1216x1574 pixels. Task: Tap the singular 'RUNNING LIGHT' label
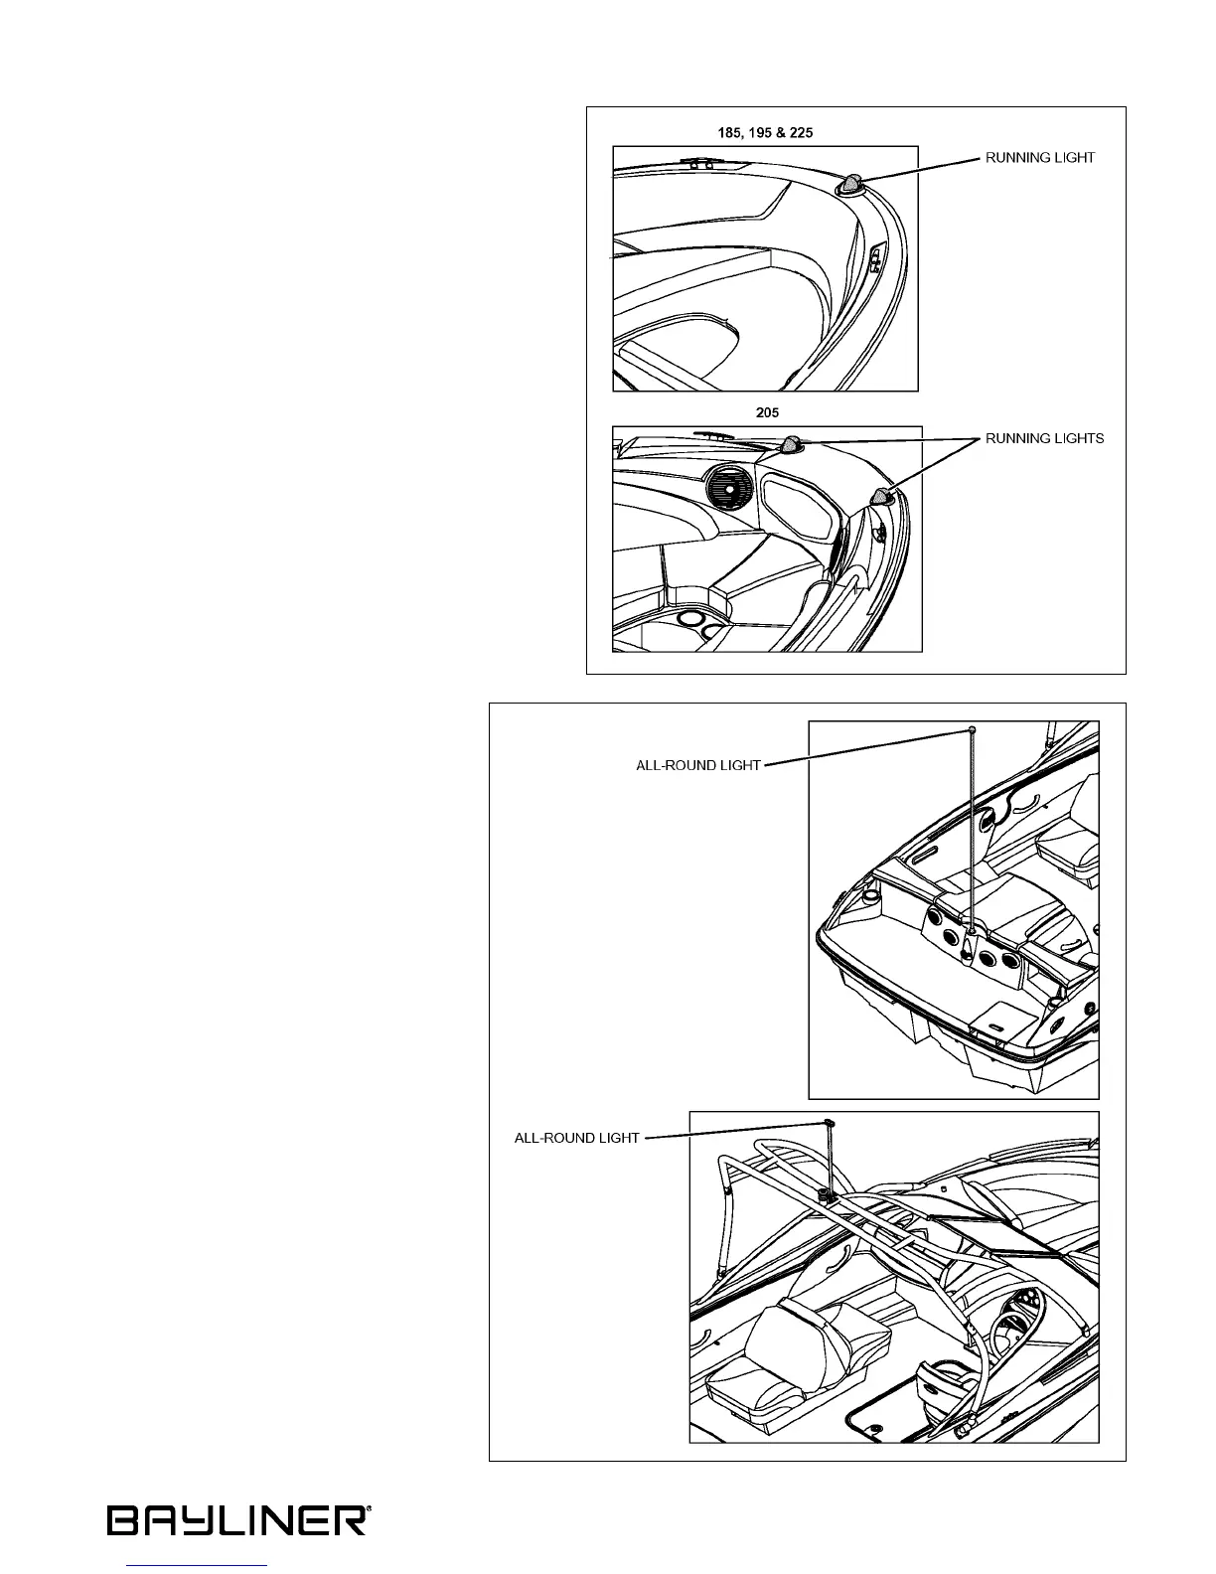[1039, 158]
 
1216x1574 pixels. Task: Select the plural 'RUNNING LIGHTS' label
[1044, 438]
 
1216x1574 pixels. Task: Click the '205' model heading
[767, 413]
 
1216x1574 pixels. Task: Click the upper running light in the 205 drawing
[793, 444]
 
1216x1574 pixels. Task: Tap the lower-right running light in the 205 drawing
[881, 497]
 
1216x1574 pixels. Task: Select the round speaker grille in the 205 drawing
[731, 489]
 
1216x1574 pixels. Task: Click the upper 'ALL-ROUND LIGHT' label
[697, 766]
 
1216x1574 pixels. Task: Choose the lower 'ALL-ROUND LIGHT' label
[576, 1138]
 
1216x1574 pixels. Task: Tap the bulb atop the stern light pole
[971, 729]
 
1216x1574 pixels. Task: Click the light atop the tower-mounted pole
[828, 1122]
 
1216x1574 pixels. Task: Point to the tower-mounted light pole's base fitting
[826, 1191]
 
